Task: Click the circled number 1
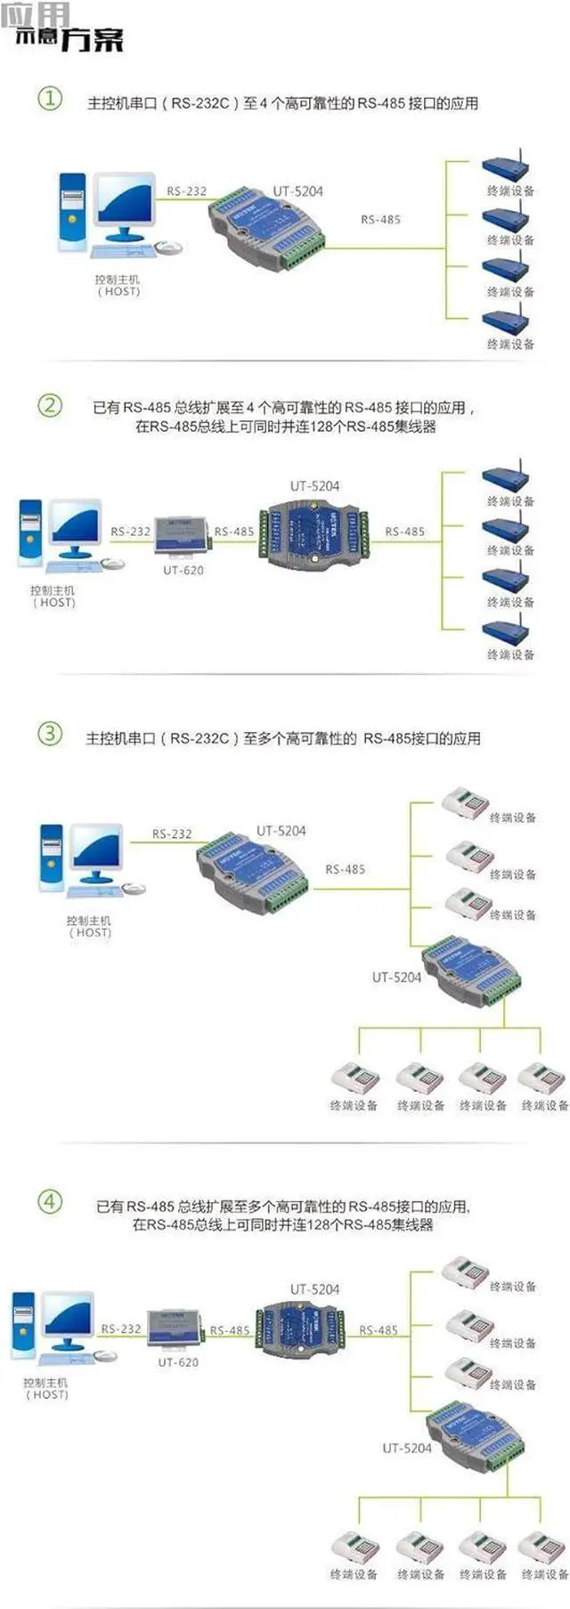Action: pos(49,98)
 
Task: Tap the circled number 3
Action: pos(50,734)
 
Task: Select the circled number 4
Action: pos(50,1201)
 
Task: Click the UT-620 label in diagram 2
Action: pos(183,570)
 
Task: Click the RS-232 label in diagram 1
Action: pos(186,191)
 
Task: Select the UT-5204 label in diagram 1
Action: pos(297,191)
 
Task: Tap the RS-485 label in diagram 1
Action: pos(380,219)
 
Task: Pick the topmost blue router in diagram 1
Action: pos(506,167)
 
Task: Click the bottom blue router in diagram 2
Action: pos(506,631)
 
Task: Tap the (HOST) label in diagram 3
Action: pos(90,932)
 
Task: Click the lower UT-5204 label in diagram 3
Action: pos(396,977)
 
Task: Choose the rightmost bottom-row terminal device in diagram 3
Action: pos(542,1078)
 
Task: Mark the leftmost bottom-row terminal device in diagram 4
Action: pos(355,1548)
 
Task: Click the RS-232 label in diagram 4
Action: pos(121,1329)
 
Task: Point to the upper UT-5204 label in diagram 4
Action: pos(314,1288)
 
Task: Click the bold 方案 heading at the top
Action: pos(93,39)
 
